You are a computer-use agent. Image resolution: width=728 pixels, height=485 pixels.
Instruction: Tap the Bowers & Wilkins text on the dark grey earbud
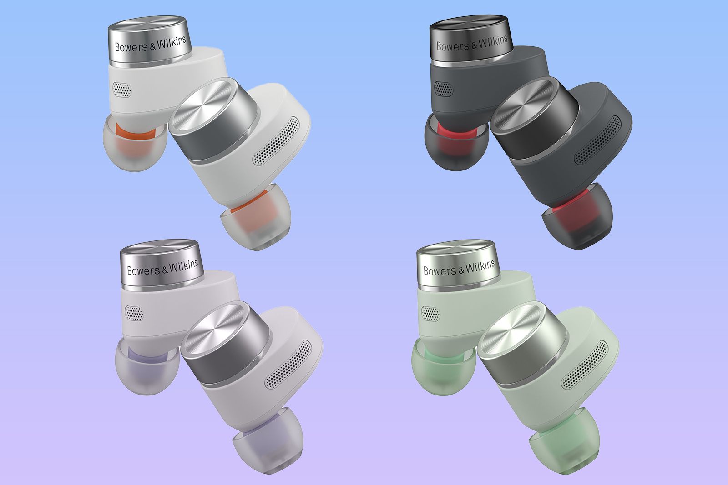472,43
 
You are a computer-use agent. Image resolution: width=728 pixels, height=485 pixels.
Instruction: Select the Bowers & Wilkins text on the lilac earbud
162,267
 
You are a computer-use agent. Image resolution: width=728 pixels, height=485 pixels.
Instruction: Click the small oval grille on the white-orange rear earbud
122,89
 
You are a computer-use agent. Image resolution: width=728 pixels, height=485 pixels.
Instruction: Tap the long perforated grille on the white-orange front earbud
276,141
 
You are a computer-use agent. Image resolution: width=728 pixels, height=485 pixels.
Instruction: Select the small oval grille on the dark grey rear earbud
443,89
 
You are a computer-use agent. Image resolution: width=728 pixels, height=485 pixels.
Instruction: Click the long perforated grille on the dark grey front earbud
597,140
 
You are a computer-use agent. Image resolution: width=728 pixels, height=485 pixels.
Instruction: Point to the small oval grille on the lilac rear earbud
134,313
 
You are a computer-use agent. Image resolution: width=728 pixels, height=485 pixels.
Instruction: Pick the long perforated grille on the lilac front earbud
288,365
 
